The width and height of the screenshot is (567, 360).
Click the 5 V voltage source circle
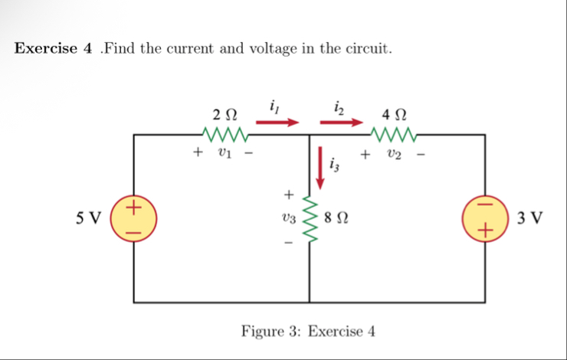coord(134,218)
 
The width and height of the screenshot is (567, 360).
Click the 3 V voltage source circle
coord(485,218)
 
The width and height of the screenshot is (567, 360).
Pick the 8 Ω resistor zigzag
coord(311,219)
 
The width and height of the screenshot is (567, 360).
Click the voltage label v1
coord(224,152)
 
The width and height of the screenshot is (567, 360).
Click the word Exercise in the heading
coord(46,49)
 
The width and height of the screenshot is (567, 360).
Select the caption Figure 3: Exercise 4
coord(308,332)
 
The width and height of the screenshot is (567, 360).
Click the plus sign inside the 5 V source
coord(134,206)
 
